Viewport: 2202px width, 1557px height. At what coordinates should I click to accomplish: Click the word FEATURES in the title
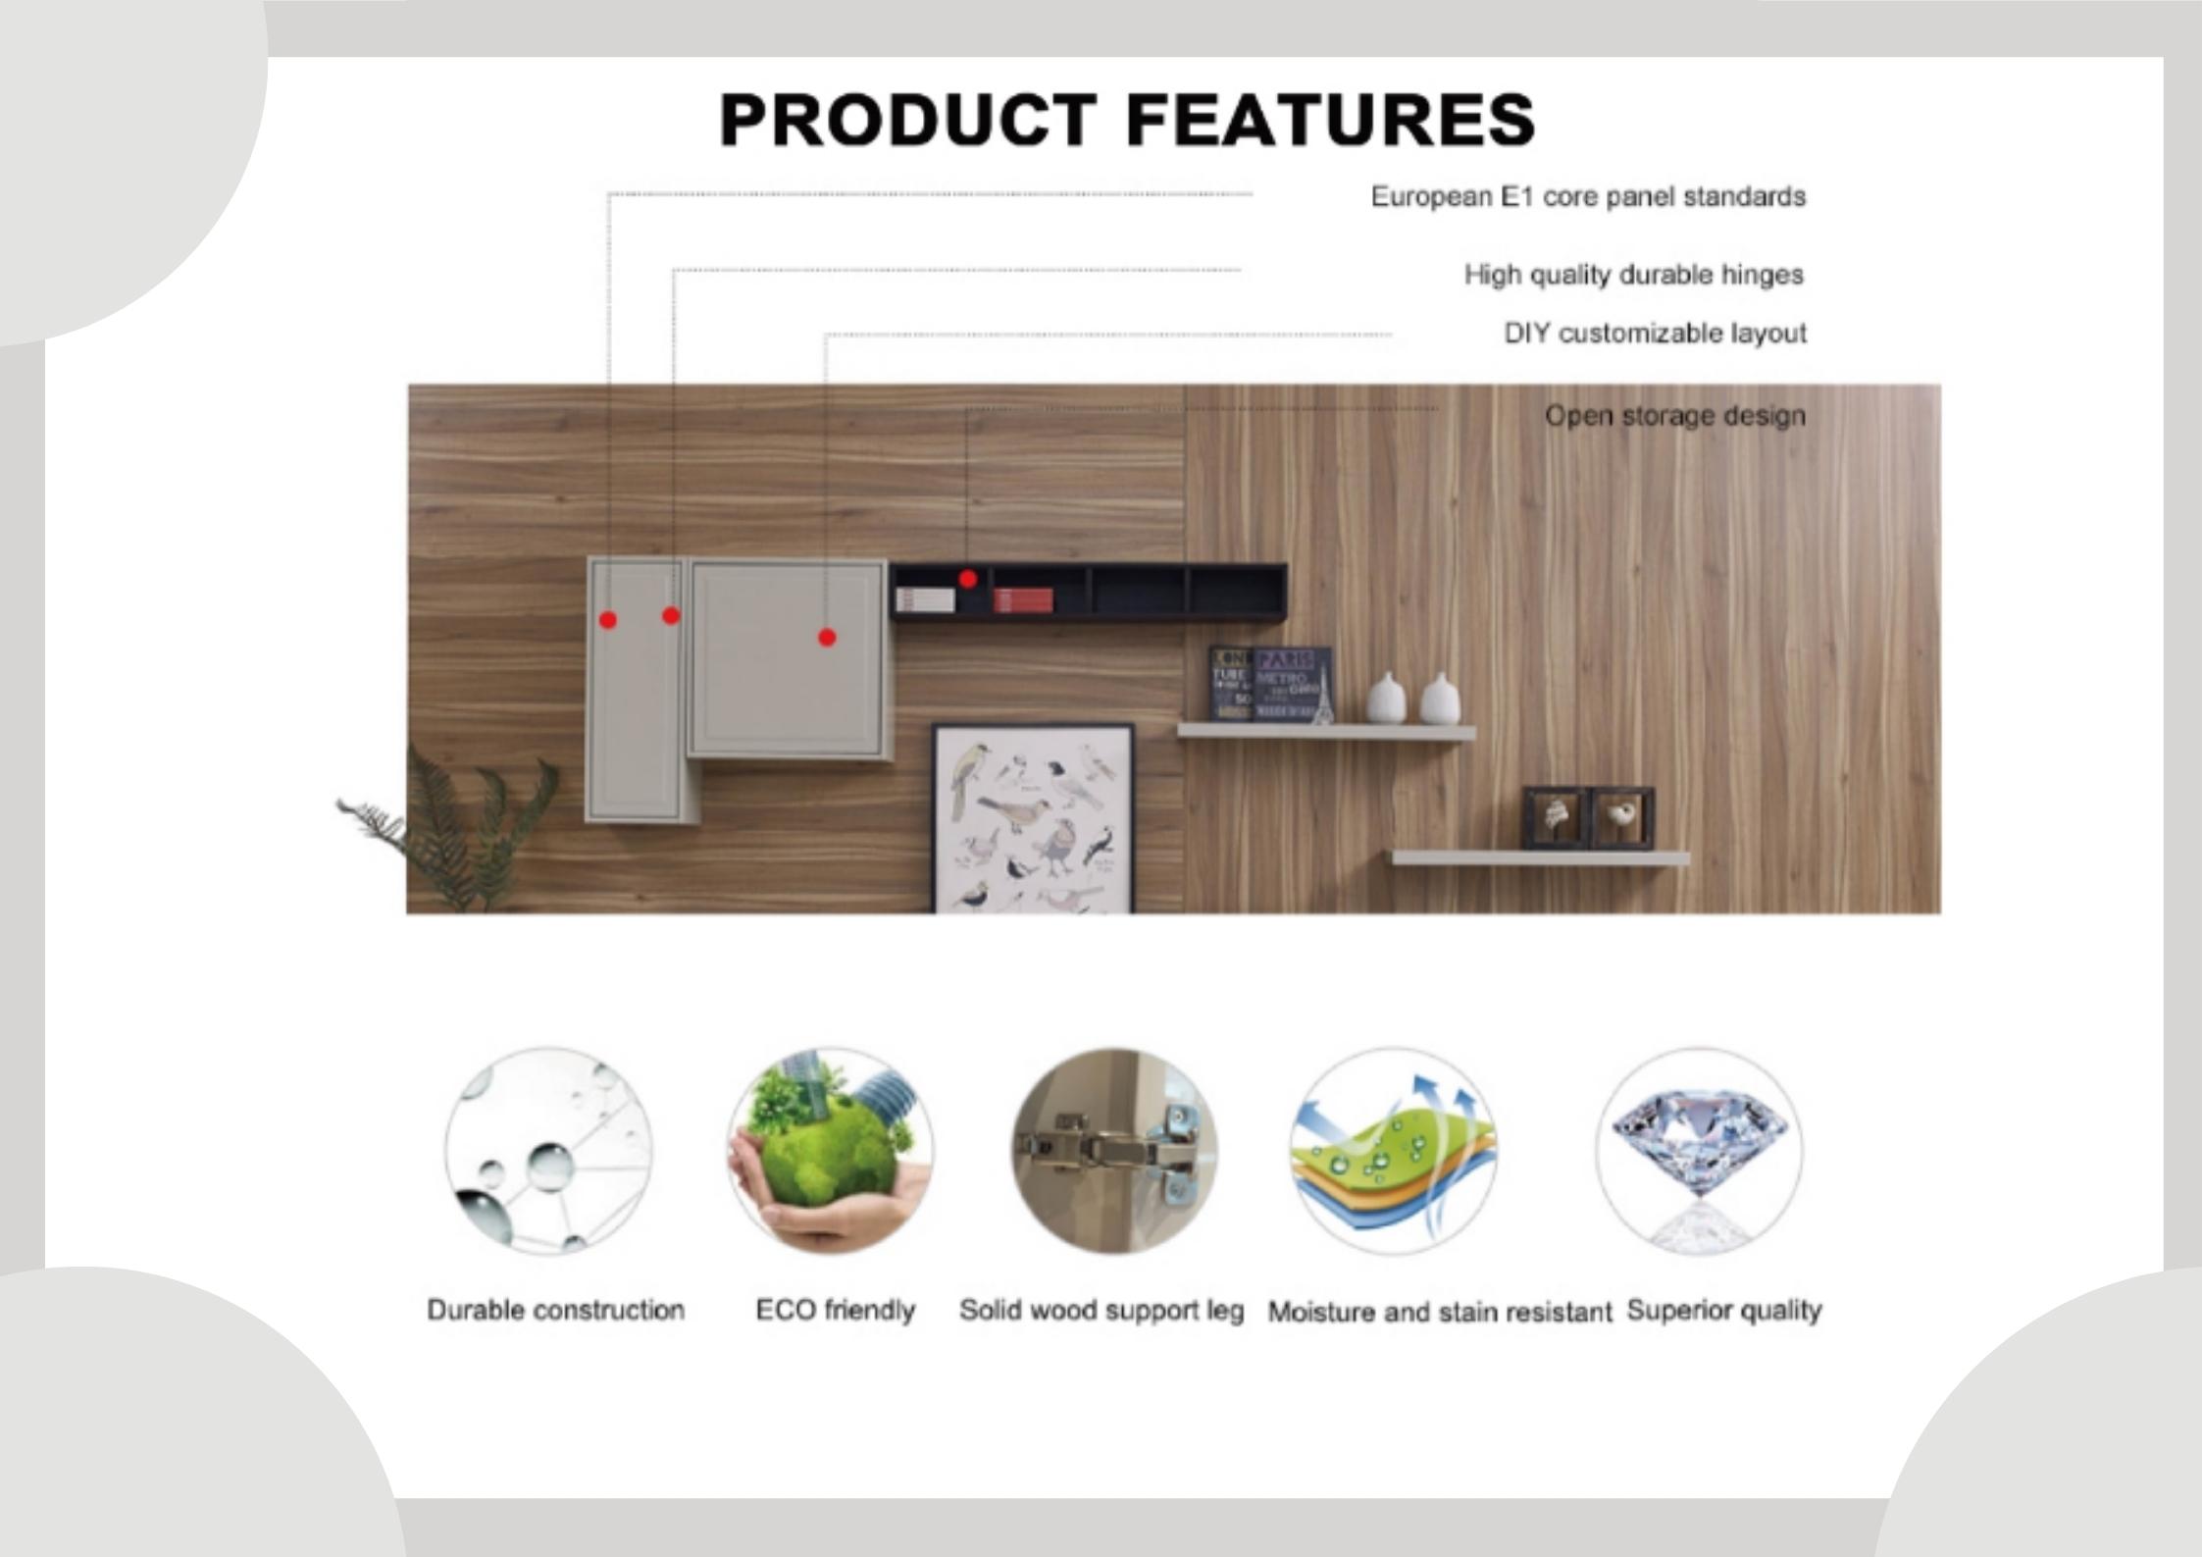1330,120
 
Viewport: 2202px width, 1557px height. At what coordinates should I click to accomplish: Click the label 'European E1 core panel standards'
1588,196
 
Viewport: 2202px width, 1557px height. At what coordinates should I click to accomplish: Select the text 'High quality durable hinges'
1634,274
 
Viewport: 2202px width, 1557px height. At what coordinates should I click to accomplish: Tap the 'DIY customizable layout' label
1656,333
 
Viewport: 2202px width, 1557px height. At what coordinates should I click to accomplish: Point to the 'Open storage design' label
1675,415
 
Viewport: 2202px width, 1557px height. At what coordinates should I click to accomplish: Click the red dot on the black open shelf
968,579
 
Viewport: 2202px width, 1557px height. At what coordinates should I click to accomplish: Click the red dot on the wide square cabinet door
827,638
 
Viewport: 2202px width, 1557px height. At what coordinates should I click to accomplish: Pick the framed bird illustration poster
1032,818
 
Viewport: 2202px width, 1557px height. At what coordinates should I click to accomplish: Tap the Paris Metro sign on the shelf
1292,683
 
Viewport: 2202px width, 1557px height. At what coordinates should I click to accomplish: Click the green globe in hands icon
830,1150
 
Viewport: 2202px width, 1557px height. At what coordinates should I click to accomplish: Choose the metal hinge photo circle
1114,1150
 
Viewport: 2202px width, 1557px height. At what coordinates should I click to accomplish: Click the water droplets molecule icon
548,1150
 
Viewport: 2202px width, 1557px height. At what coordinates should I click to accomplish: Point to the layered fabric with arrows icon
1394,1150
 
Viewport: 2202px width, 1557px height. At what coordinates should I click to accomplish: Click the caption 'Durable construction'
555,1310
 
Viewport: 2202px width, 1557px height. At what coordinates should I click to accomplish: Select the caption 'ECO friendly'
835,1310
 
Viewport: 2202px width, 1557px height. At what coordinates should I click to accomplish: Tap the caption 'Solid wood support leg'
1101,1310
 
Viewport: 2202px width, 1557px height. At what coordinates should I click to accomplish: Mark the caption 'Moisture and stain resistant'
1439,1312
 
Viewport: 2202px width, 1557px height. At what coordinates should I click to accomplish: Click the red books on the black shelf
1023,599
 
